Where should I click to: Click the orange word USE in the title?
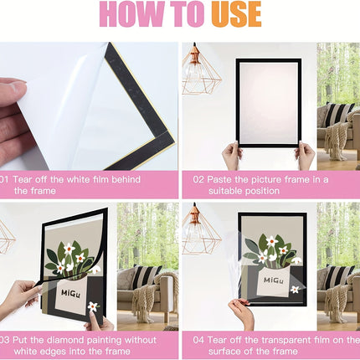click(236, 14)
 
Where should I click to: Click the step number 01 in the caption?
click(4, 179)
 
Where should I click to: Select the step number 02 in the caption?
click(198, 179)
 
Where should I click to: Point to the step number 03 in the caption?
click(5, 340)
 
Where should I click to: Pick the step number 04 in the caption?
click(198, 340)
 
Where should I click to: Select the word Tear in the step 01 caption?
click(22, 179)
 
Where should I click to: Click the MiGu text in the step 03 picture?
click(70, 294)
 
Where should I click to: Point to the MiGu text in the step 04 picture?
click(274, 280)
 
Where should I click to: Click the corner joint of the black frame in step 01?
click(165, 140)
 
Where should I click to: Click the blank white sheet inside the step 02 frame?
click(269, 103)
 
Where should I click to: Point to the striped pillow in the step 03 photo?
click(147, 276)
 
